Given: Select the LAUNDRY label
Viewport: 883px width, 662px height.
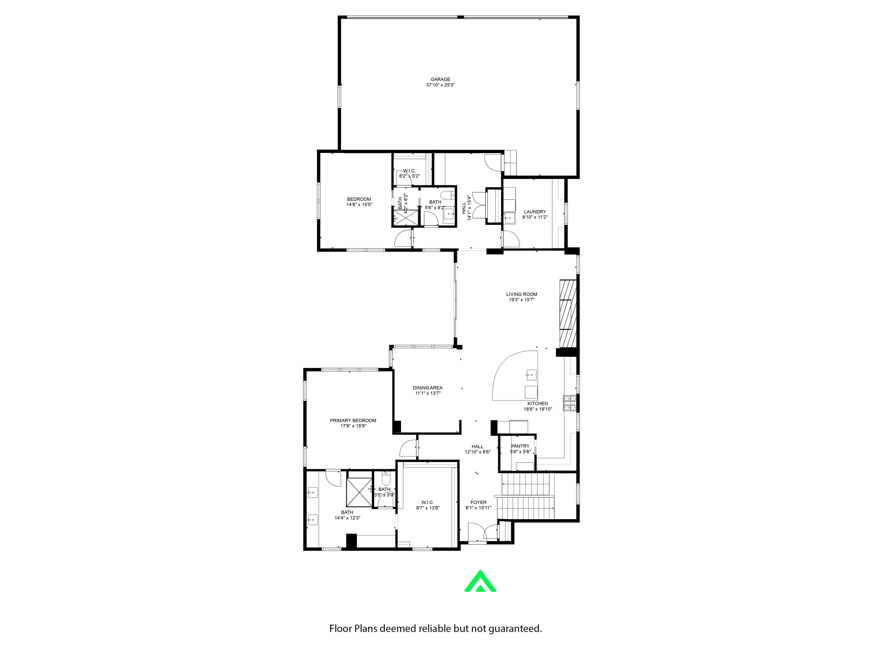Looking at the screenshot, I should pyautogui.click(x=535, y=212).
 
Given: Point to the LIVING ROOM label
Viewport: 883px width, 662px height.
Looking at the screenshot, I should pyautogui.click(x=521, y=294).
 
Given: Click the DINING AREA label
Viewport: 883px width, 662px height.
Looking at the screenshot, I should pyautogui.click(x=427, y=388).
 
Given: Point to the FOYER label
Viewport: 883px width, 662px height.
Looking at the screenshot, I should pyautogui.click(x=478, y=502).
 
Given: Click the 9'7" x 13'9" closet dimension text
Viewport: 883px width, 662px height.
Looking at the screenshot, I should pyautogui.click(x=427, y=508).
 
